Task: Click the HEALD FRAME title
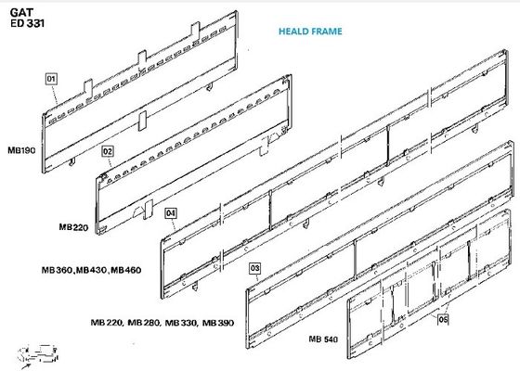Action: pyautogui.click(x=310, y=32)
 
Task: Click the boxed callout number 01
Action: pyautogui.click(x=51, y=79)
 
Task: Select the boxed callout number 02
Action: pyautogui.click(x=107, y=151)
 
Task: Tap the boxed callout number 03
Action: pyautogui.click(x=254, y=268)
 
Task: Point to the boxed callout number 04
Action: pyautogui.click(x=171, y=213)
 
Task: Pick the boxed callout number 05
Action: pyautogui.click(x=443, y=319)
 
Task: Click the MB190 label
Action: pyautogui.click(x=21, y=150)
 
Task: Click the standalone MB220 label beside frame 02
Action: pyautogui.click(x=73, y=227)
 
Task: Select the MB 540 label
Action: pyautogui.click(x=323, y=339)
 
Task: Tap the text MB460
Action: pyautogui.click(x=126, y=270)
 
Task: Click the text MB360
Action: pyautogui.click(x=57, y=270)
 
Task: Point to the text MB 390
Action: pyautogui.click(x=218, y=323)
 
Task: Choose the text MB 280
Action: pyautogui.click(x=144, y=323)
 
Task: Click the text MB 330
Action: pyautogui.click(x=181, y=323)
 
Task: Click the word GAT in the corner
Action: pyautogui.click(x=21, y=13)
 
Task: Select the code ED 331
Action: pyautogui.click(x=27, y=23)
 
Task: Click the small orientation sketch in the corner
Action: pyautogui.click(x=39, y=356)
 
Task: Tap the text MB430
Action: pyautogui.click(x=92, y=270)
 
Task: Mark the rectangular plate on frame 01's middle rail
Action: pyautogui.click(x=142, y=121)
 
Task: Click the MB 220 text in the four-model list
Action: pyautogui.click(x=107, y=323)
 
